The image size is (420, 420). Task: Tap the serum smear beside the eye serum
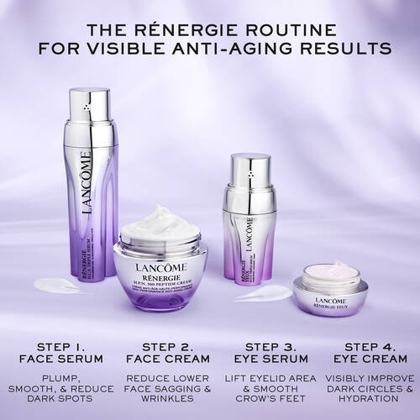(x=262, y=293)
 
